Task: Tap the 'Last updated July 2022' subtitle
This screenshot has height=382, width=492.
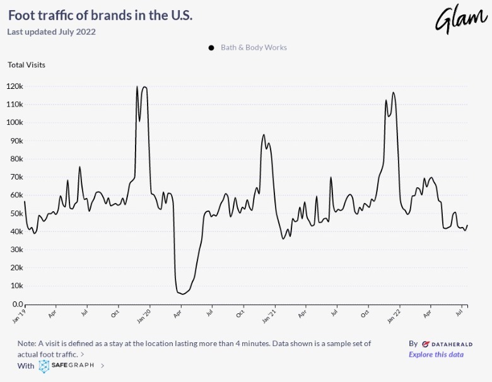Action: pyautogui.click(x=51, y=32)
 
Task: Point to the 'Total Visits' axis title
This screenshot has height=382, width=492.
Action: pyautogui.click(x=26, y=64)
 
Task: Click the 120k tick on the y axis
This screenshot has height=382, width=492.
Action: pyautogui.click(x=15, y=86)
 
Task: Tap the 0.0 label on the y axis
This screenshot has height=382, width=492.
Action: pyautogui.click(x=17, y=304)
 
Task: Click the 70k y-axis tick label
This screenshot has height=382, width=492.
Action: pyautogui.click(x=16, y=177)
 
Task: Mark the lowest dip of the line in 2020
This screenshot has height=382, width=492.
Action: pyautogui.click(x=182, y=294)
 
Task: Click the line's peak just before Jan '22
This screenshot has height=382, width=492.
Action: pyautogui.click(x=394, y=93)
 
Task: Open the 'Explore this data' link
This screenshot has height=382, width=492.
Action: pyautogui.click(x=436, y=354)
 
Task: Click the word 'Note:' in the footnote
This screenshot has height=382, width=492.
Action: pyautogui.click(x=28, y=344)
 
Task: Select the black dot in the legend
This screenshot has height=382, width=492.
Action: pyautogui.click(x=211, y=48)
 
